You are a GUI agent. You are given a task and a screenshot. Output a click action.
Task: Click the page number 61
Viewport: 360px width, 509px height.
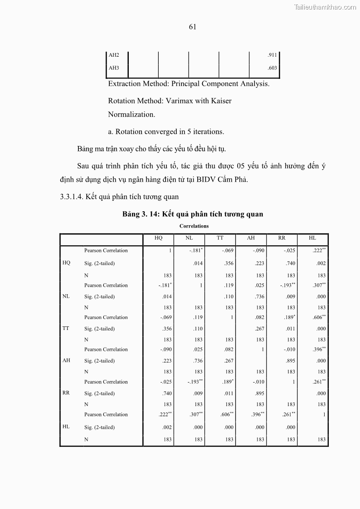192,27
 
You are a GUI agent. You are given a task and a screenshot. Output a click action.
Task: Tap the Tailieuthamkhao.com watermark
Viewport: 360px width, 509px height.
325,7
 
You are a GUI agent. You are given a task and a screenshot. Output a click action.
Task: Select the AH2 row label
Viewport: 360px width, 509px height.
114,55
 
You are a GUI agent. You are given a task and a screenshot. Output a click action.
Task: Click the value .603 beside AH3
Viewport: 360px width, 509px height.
272,68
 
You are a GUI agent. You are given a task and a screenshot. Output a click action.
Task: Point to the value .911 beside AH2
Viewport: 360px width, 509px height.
272,55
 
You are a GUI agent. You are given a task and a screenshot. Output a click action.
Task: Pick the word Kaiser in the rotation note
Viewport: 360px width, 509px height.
221,101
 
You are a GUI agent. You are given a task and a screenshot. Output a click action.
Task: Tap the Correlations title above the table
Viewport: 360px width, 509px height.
194,226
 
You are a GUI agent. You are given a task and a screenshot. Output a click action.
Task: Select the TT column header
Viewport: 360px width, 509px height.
220,238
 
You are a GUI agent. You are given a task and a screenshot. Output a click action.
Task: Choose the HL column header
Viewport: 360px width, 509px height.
312,238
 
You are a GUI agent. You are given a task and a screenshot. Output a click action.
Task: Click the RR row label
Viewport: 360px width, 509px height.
66,393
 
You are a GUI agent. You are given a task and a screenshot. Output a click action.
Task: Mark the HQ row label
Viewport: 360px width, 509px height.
66,263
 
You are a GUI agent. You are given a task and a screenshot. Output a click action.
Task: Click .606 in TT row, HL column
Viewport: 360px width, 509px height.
318,317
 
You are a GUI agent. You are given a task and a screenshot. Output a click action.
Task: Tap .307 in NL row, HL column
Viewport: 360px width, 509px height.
318,285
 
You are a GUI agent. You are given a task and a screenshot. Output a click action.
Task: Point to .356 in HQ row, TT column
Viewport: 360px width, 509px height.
229,263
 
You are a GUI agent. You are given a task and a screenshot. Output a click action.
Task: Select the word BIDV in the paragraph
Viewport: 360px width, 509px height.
206,179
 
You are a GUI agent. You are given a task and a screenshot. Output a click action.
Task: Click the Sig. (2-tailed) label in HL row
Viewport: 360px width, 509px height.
99,427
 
